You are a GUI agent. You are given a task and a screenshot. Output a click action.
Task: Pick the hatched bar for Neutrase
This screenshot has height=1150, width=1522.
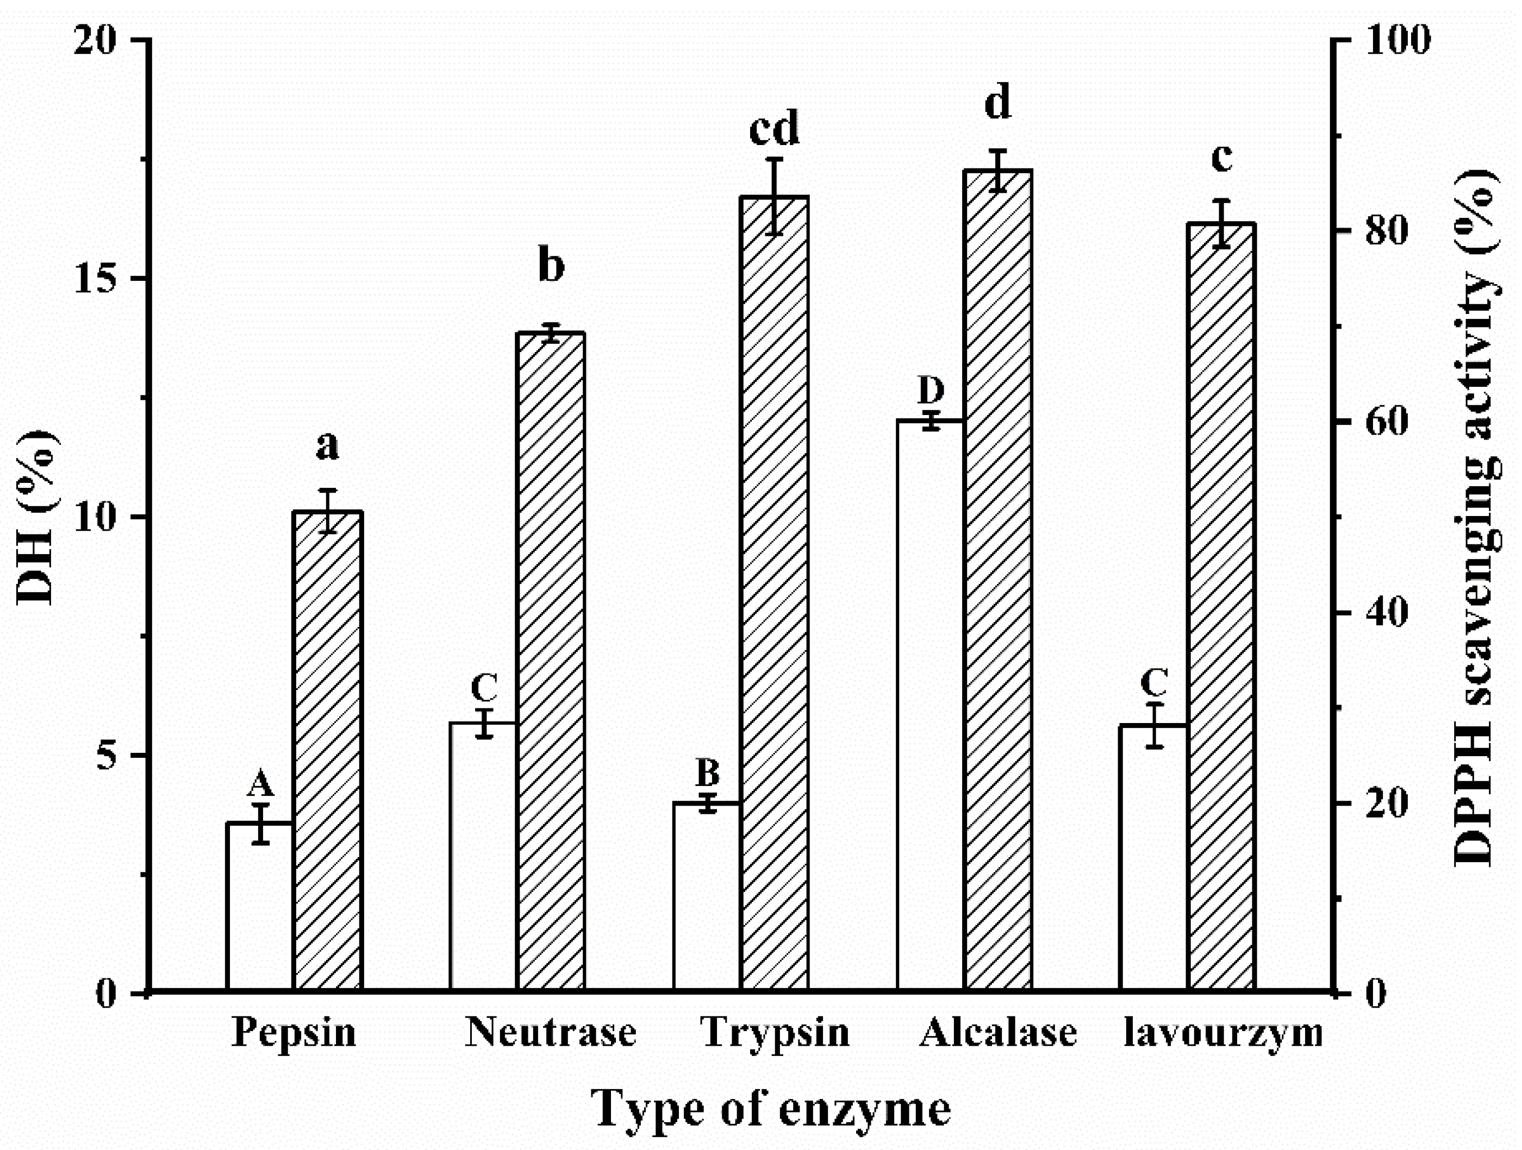click(551, 661)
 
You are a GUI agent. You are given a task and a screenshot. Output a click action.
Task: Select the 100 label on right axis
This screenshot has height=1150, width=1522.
click(1397, 40)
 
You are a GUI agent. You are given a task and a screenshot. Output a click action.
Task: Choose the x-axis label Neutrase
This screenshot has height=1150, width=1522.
click(551, 1033)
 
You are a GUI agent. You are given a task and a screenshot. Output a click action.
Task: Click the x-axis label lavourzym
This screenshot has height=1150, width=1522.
click(1222, 1033)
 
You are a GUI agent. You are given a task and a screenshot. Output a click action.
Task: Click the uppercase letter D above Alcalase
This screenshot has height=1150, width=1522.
click(930, 391)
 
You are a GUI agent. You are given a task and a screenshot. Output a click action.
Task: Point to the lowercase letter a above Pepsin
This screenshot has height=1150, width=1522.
click(328, 445)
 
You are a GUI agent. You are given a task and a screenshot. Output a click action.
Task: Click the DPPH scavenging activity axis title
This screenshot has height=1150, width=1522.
click(1480, 516)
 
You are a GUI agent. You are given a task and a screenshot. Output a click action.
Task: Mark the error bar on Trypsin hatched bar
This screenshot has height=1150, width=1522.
click(775, 196)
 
